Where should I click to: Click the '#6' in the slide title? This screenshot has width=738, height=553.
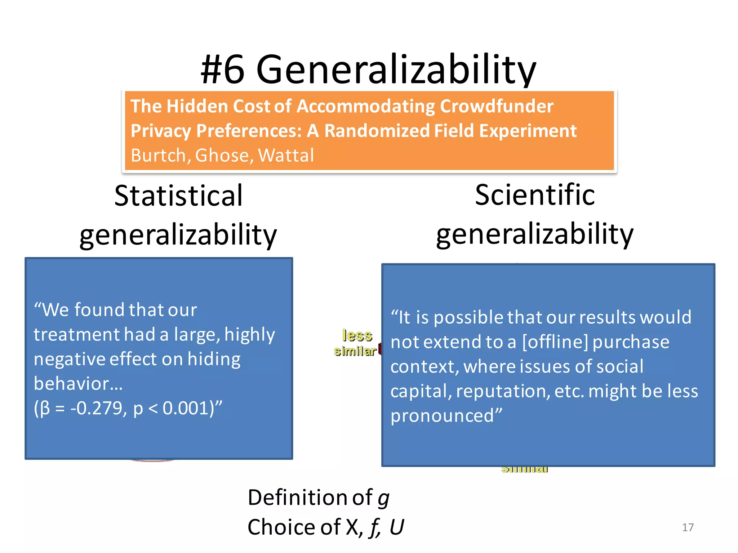point(223,69)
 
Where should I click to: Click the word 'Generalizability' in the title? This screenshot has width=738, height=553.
point(396,69)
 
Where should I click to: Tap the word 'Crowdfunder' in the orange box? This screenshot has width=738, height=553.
point(496,106)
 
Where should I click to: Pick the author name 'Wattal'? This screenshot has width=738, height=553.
point(286,156)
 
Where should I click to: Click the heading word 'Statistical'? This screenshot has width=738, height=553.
point(178,195)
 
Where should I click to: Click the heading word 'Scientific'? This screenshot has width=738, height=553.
point(535,195)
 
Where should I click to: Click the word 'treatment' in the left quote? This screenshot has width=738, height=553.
point(76,334)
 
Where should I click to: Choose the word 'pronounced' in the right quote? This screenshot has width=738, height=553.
point(443,416)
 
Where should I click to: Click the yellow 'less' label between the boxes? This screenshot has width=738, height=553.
point(357,336)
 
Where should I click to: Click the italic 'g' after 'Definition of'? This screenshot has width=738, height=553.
point(384,498)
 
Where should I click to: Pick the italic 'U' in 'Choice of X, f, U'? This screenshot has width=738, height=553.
point(397,527)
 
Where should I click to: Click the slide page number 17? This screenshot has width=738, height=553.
point(688,527)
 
